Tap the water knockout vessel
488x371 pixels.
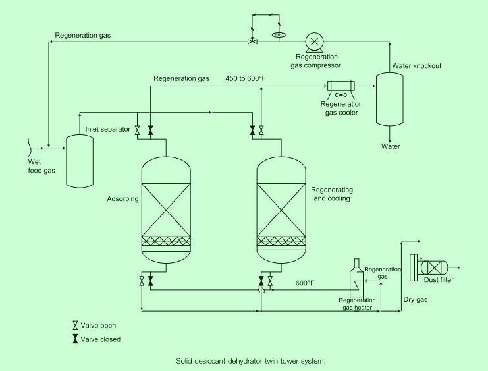[x=389, y=99]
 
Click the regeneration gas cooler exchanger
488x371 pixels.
[x=341, y=86]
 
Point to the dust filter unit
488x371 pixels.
[x=433, y=267]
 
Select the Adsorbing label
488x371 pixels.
[x=123, y=198]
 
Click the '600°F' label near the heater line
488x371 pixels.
[x=304, y=283]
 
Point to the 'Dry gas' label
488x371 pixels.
[x=415, y=300]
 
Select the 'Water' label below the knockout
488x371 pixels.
[x=391, y=146]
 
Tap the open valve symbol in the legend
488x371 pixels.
[x=76, y=326]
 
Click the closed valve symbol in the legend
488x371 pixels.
[x=76, y=339]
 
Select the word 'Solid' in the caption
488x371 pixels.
[x=185, y=361]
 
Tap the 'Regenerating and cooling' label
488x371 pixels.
[x=330, y=193]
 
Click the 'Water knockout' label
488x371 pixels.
[x=416, y=66]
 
